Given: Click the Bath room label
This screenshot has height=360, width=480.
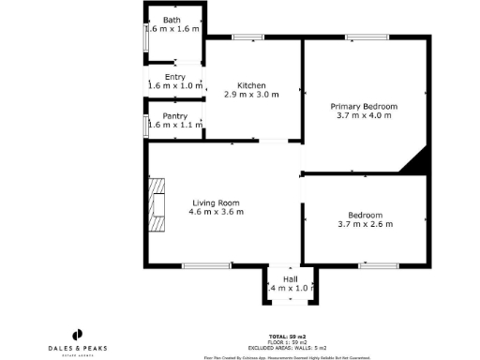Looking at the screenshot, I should (172, 20).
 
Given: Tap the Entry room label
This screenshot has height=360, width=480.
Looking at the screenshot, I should (175, 77).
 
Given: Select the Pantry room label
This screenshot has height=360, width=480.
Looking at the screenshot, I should (175, 115).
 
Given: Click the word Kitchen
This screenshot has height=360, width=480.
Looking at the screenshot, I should (251, 84).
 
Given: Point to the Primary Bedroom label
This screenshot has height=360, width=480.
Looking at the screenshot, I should (364, 107).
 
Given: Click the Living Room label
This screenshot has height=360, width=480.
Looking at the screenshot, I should (217, 202).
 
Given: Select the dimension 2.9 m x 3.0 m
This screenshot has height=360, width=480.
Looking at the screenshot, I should (251, 94).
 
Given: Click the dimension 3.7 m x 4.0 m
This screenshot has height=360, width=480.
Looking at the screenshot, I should (364, 116).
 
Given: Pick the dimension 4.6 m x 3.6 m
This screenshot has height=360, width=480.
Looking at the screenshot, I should (217, 212).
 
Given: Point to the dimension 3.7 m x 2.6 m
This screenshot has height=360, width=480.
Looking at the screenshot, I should (365, 224).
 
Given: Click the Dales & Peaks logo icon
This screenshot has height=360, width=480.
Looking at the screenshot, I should (78, 334).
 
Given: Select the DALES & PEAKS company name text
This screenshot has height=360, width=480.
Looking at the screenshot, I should (78, 348).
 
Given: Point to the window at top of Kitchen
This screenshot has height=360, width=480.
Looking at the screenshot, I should (247, 37).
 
